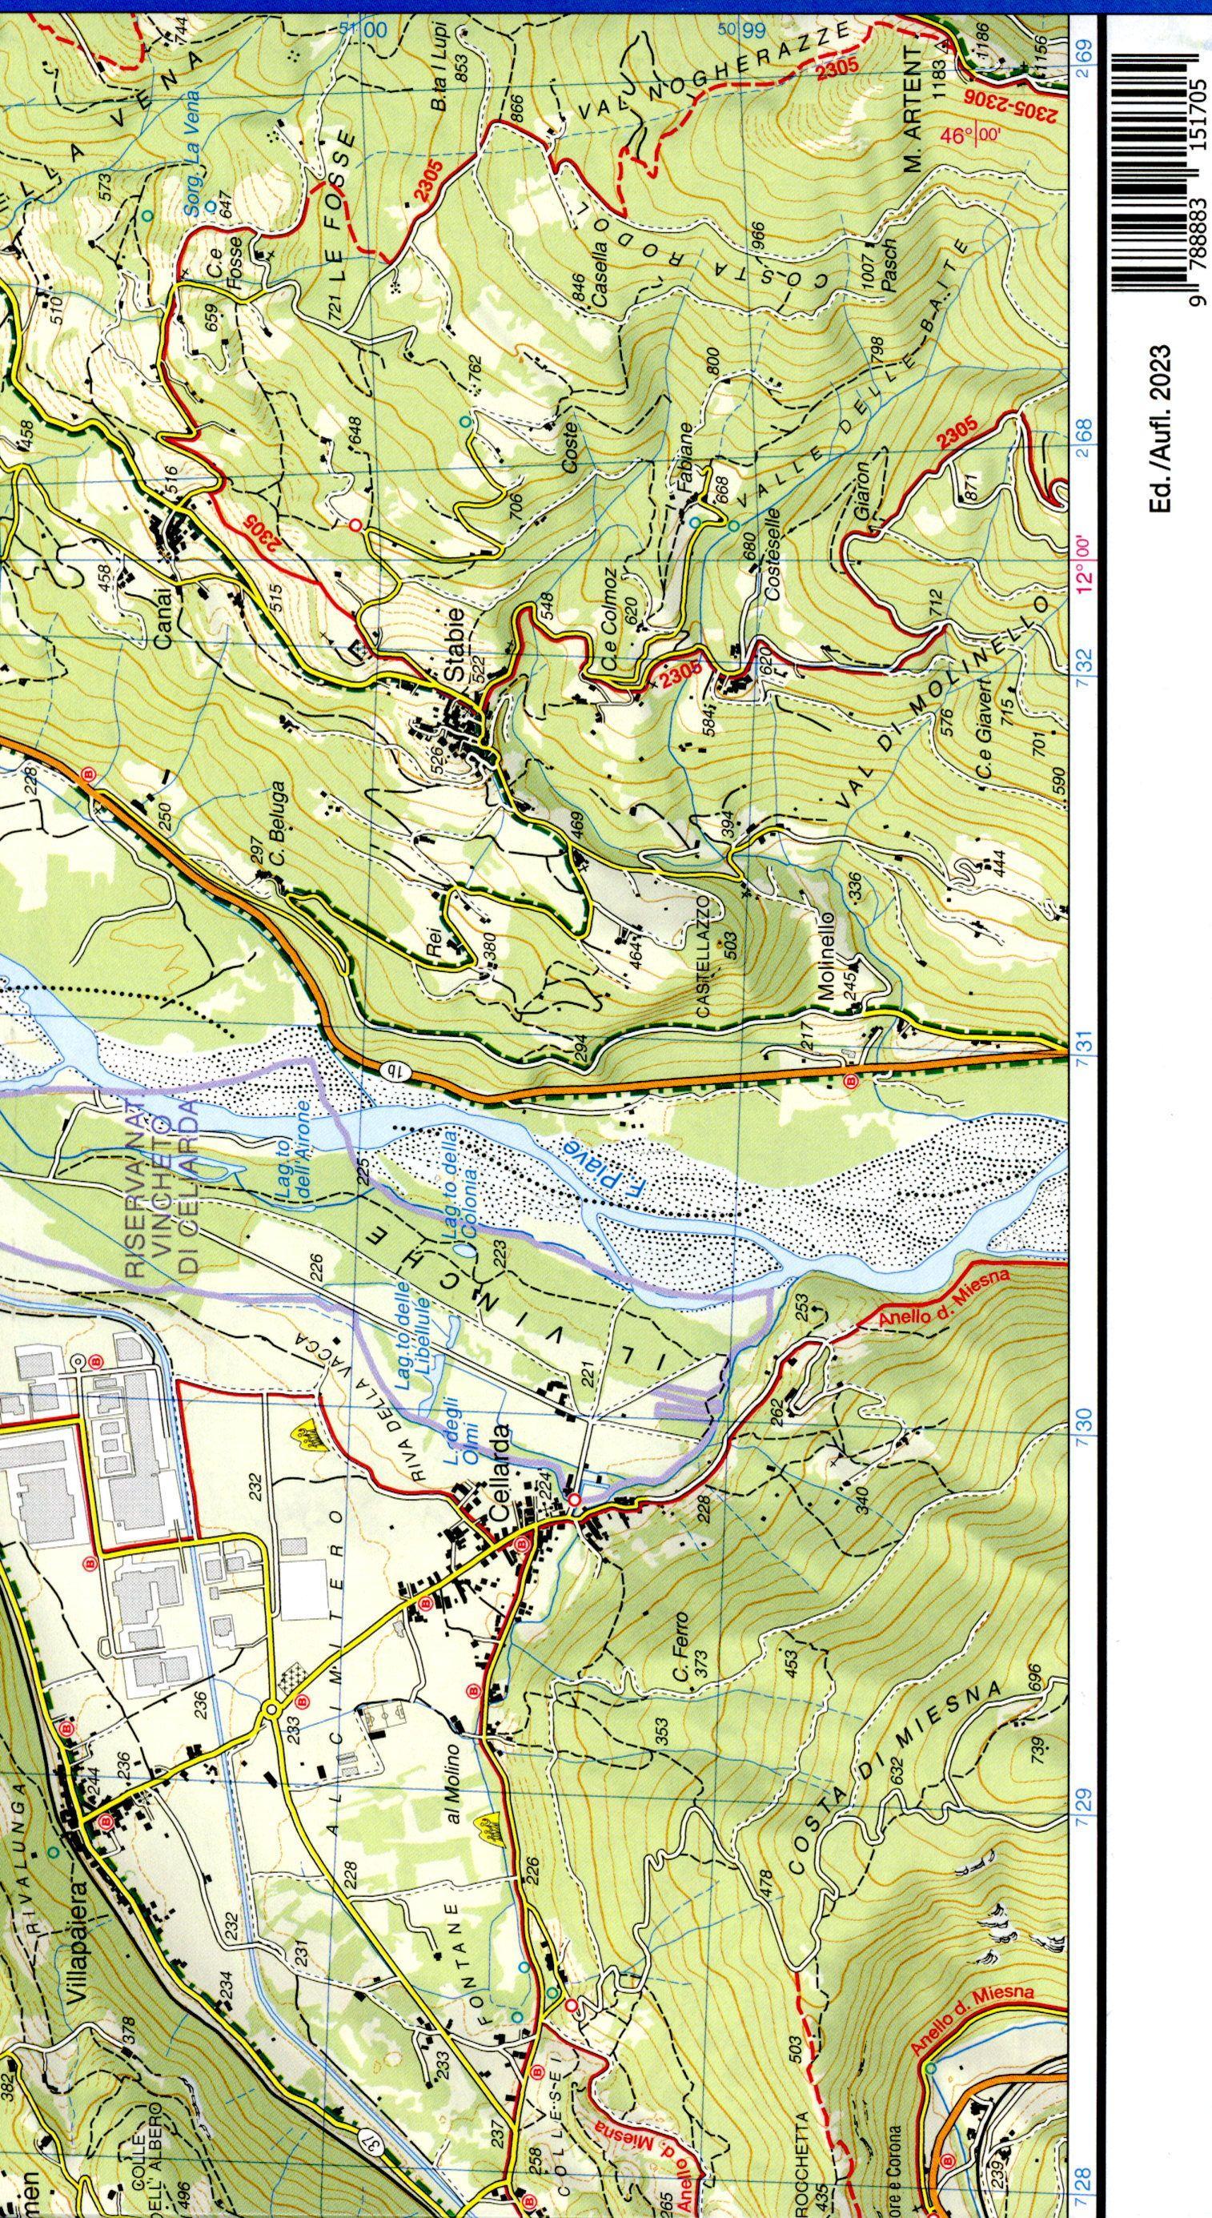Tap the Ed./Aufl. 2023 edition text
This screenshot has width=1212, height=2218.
tap(1162, 432)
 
